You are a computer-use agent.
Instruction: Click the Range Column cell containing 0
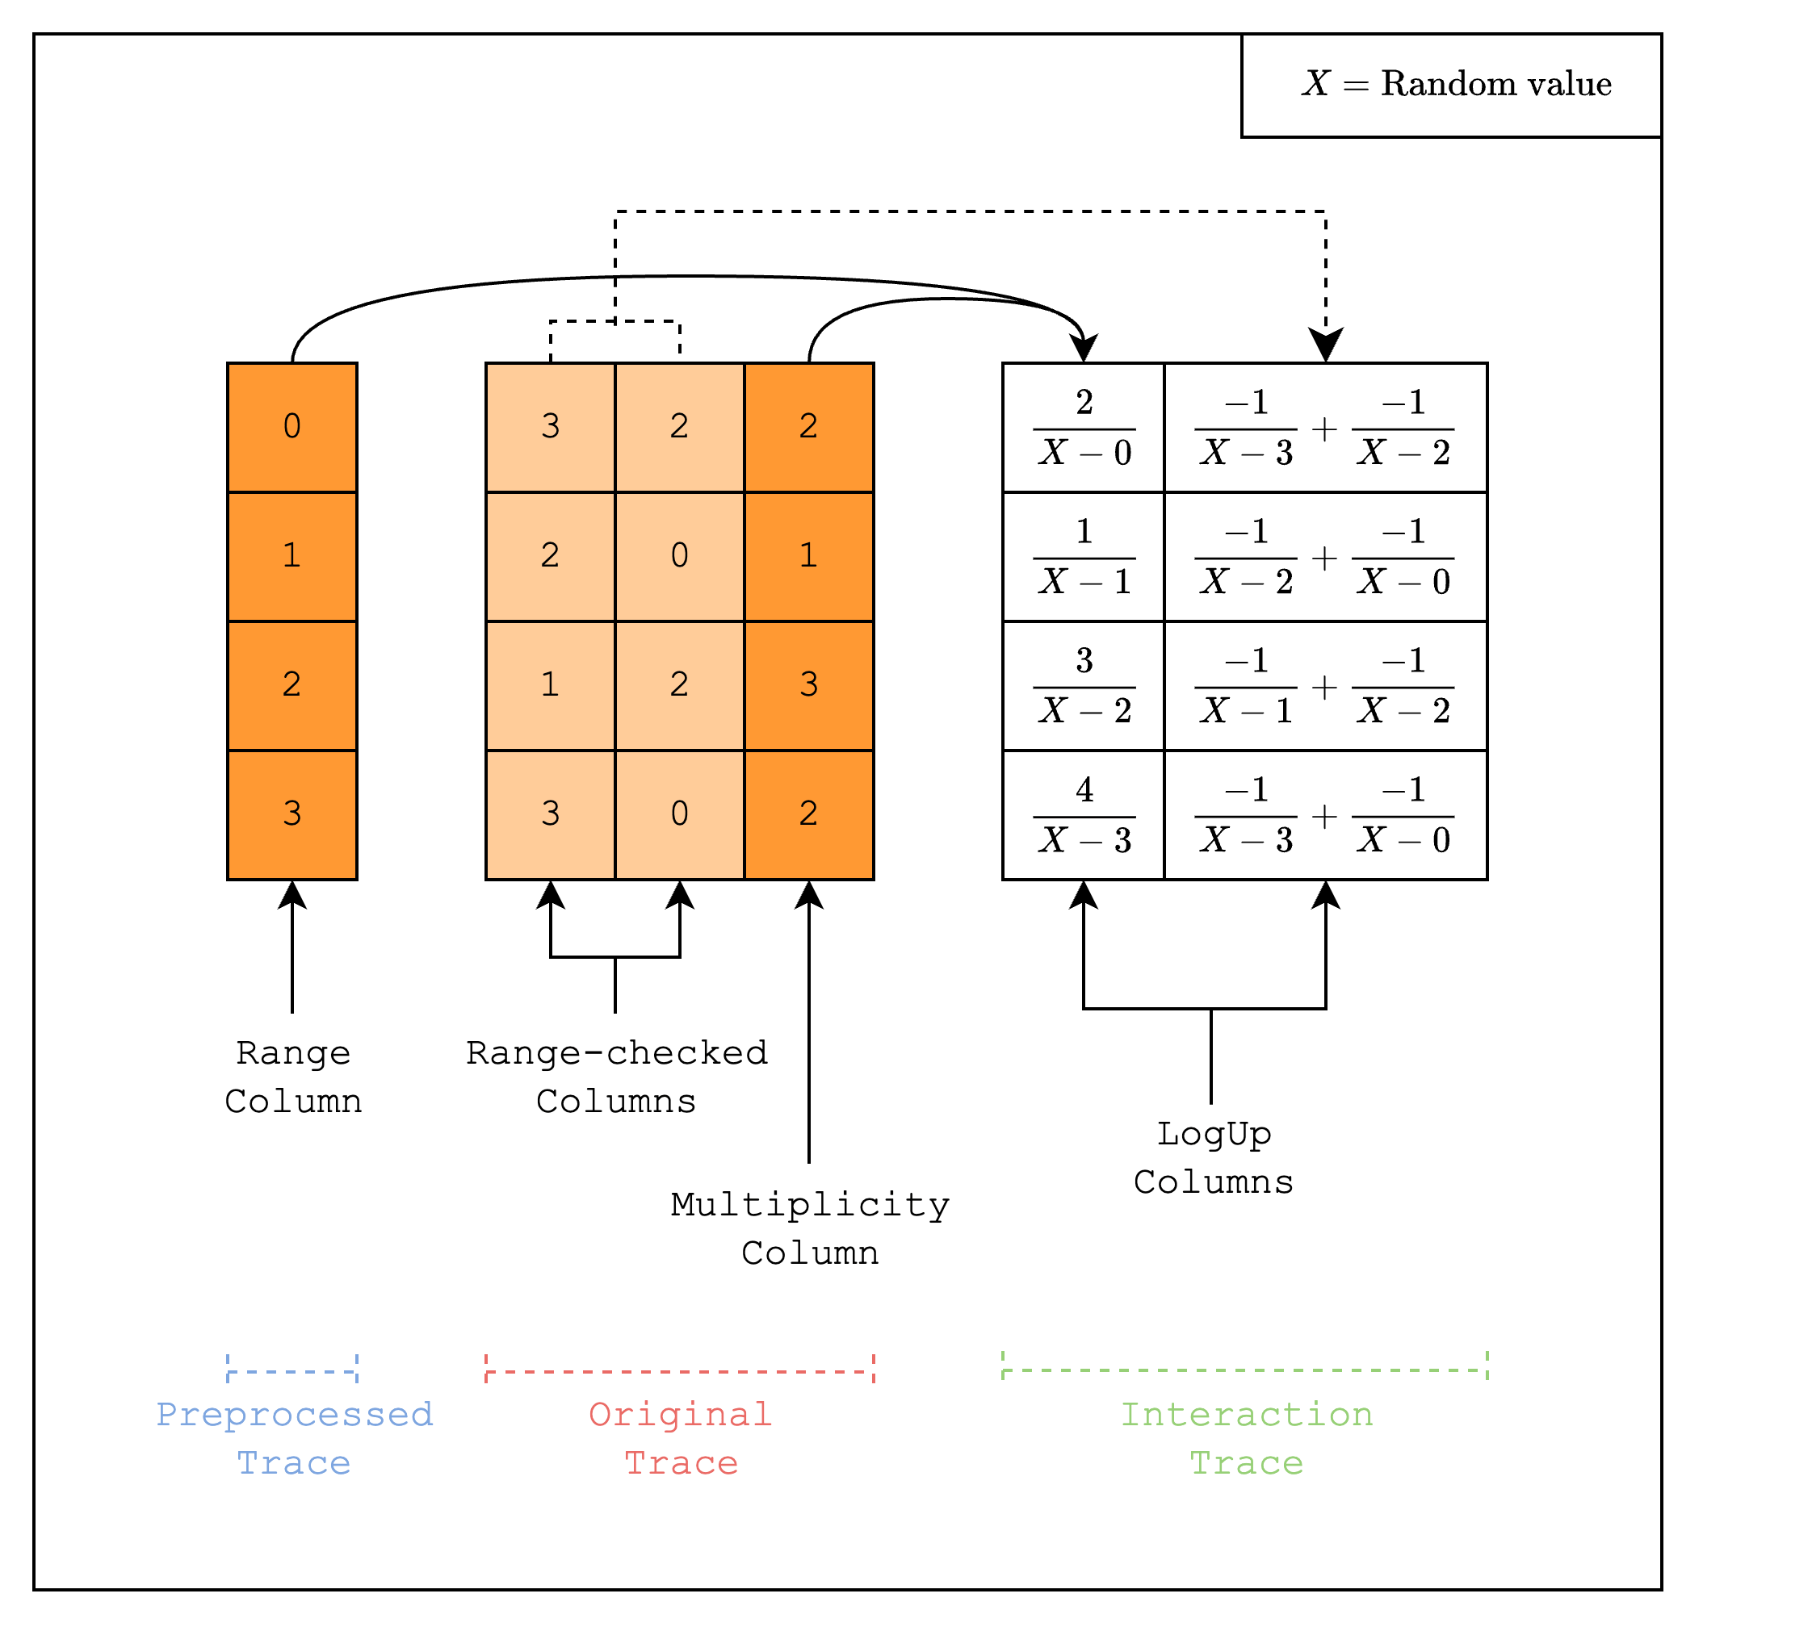tap(292, 427)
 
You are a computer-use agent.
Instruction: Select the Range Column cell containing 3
tap(292, 815)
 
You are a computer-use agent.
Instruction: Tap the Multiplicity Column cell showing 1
tap(809, 557)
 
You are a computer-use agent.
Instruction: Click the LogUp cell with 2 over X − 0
tap(1084, 427)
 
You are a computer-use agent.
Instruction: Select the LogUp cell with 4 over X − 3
tap(1084, 815)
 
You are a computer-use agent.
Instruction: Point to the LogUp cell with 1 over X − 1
tap(1084, 557)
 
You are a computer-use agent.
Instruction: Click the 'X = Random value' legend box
tap(1452, 86)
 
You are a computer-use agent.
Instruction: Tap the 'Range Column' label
tap(293, 1077)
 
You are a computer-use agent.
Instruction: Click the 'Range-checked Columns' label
tap(616, 1077)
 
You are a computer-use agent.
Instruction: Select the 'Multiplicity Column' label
tap(810, 1229)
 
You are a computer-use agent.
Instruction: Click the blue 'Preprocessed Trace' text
tap(294, 1439)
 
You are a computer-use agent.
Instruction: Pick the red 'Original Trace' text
tap(681, 1439)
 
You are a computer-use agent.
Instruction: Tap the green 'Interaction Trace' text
tap(1247, 1439)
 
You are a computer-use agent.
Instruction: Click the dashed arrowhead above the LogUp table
tap(1325, 345)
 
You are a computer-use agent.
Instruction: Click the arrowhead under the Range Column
tap(292, 895)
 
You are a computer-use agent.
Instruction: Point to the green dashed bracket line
tap(1245, 1370)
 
